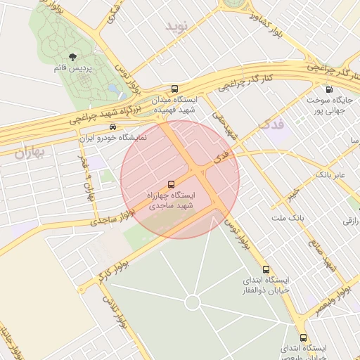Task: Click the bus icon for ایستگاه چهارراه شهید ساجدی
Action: coord(173,184)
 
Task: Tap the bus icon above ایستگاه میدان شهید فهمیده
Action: coord(174,89)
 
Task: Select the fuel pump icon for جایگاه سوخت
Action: coord(329,89)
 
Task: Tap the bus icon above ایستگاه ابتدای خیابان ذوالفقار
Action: coord(265,269)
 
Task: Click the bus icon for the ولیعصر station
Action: coord(303,337)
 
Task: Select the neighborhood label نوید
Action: coord(178,27)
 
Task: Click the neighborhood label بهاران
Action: coord(29,152)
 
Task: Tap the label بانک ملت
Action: coord(289,219)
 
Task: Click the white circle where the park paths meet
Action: coord(192,302)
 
